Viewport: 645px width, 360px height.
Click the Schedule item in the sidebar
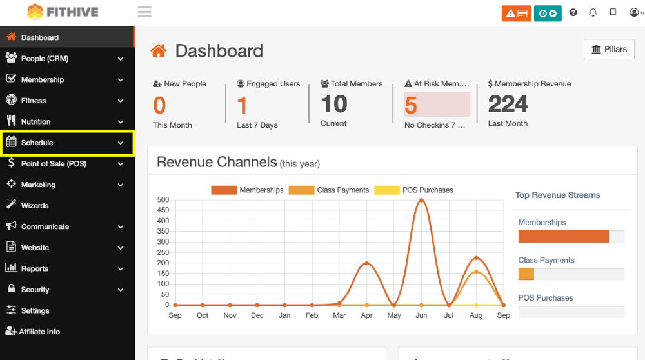[37, 143]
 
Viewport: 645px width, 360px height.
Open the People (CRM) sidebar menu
[45, 59]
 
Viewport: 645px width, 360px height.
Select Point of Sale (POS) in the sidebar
[53, 164]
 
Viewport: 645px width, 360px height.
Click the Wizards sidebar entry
[35, 206]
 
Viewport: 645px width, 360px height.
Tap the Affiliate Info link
[39, 332]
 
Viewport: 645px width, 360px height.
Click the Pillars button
[609, 50]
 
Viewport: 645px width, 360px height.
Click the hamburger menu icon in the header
[144, 12]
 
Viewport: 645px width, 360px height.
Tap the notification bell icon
[593, 13]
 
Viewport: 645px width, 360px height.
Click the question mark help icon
[573, 13]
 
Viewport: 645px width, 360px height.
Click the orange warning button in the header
[516, 13]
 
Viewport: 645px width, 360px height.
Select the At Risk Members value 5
[411, 105]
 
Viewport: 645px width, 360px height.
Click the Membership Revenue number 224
[508, 104]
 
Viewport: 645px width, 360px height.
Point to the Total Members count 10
[334, 104]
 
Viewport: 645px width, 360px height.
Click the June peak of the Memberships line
[421, 200]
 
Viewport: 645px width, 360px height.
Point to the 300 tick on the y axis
[163, 242]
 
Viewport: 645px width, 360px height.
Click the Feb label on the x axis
[312, 315]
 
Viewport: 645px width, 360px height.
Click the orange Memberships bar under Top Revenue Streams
[563, 237]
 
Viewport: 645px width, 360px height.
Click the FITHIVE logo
[63, 12]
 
